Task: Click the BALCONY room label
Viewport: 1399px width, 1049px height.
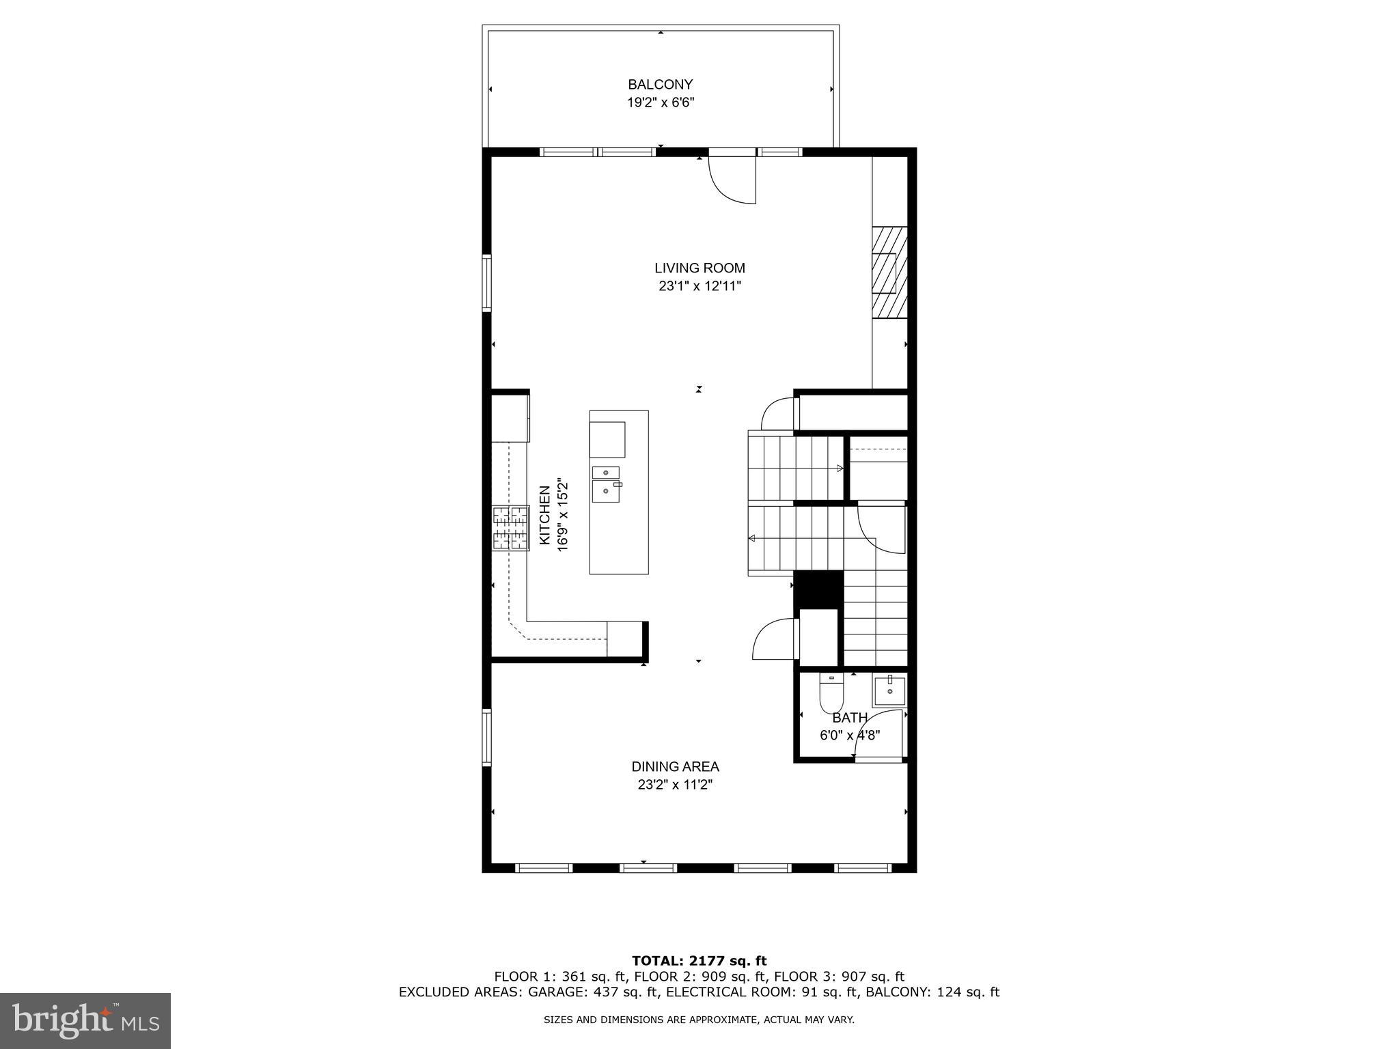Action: click(x=660, y=85)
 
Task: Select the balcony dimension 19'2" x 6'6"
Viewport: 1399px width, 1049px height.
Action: click(x=661, y=103)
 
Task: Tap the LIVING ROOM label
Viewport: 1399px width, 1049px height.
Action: click(x=699, y=268)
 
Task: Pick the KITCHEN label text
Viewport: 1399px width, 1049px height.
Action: click(x=545, y=515)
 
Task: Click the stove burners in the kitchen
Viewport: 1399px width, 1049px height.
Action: click(x=511, y=528)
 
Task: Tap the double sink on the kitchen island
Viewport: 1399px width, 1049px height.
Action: click(x=606, y=484)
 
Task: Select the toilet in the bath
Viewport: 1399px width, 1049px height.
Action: click(x=831, y=693)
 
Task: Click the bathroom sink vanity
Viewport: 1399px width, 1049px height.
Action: click(x=889, y=690)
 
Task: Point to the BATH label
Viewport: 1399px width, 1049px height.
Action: click(x=849, y=718)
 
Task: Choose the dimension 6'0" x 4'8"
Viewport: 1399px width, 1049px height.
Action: click(x=849, y=736)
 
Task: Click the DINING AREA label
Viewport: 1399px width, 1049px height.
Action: click(x=675, y=767)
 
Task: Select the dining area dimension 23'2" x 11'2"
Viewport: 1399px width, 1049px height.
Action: click(x=675, y=785)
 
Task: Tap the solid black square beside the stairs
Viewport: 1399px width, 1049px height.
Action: click(x=818, y=589)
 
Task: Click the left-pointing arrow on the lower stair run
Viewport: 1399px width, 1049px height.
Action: click(x=752, y=538)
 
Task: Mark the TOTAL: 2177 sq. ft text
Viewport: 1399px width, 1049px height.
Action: click(x=699, y=961)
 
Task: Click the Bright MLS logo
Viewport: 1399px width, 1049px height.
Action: click(x=85, y=1020)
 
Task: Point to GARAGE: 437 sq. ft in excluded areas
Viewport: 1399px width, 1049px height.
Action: click(x=593, y=992)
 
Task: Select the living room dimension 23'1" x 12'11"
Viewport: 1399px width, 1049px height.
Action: click(x=699, y=286)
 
